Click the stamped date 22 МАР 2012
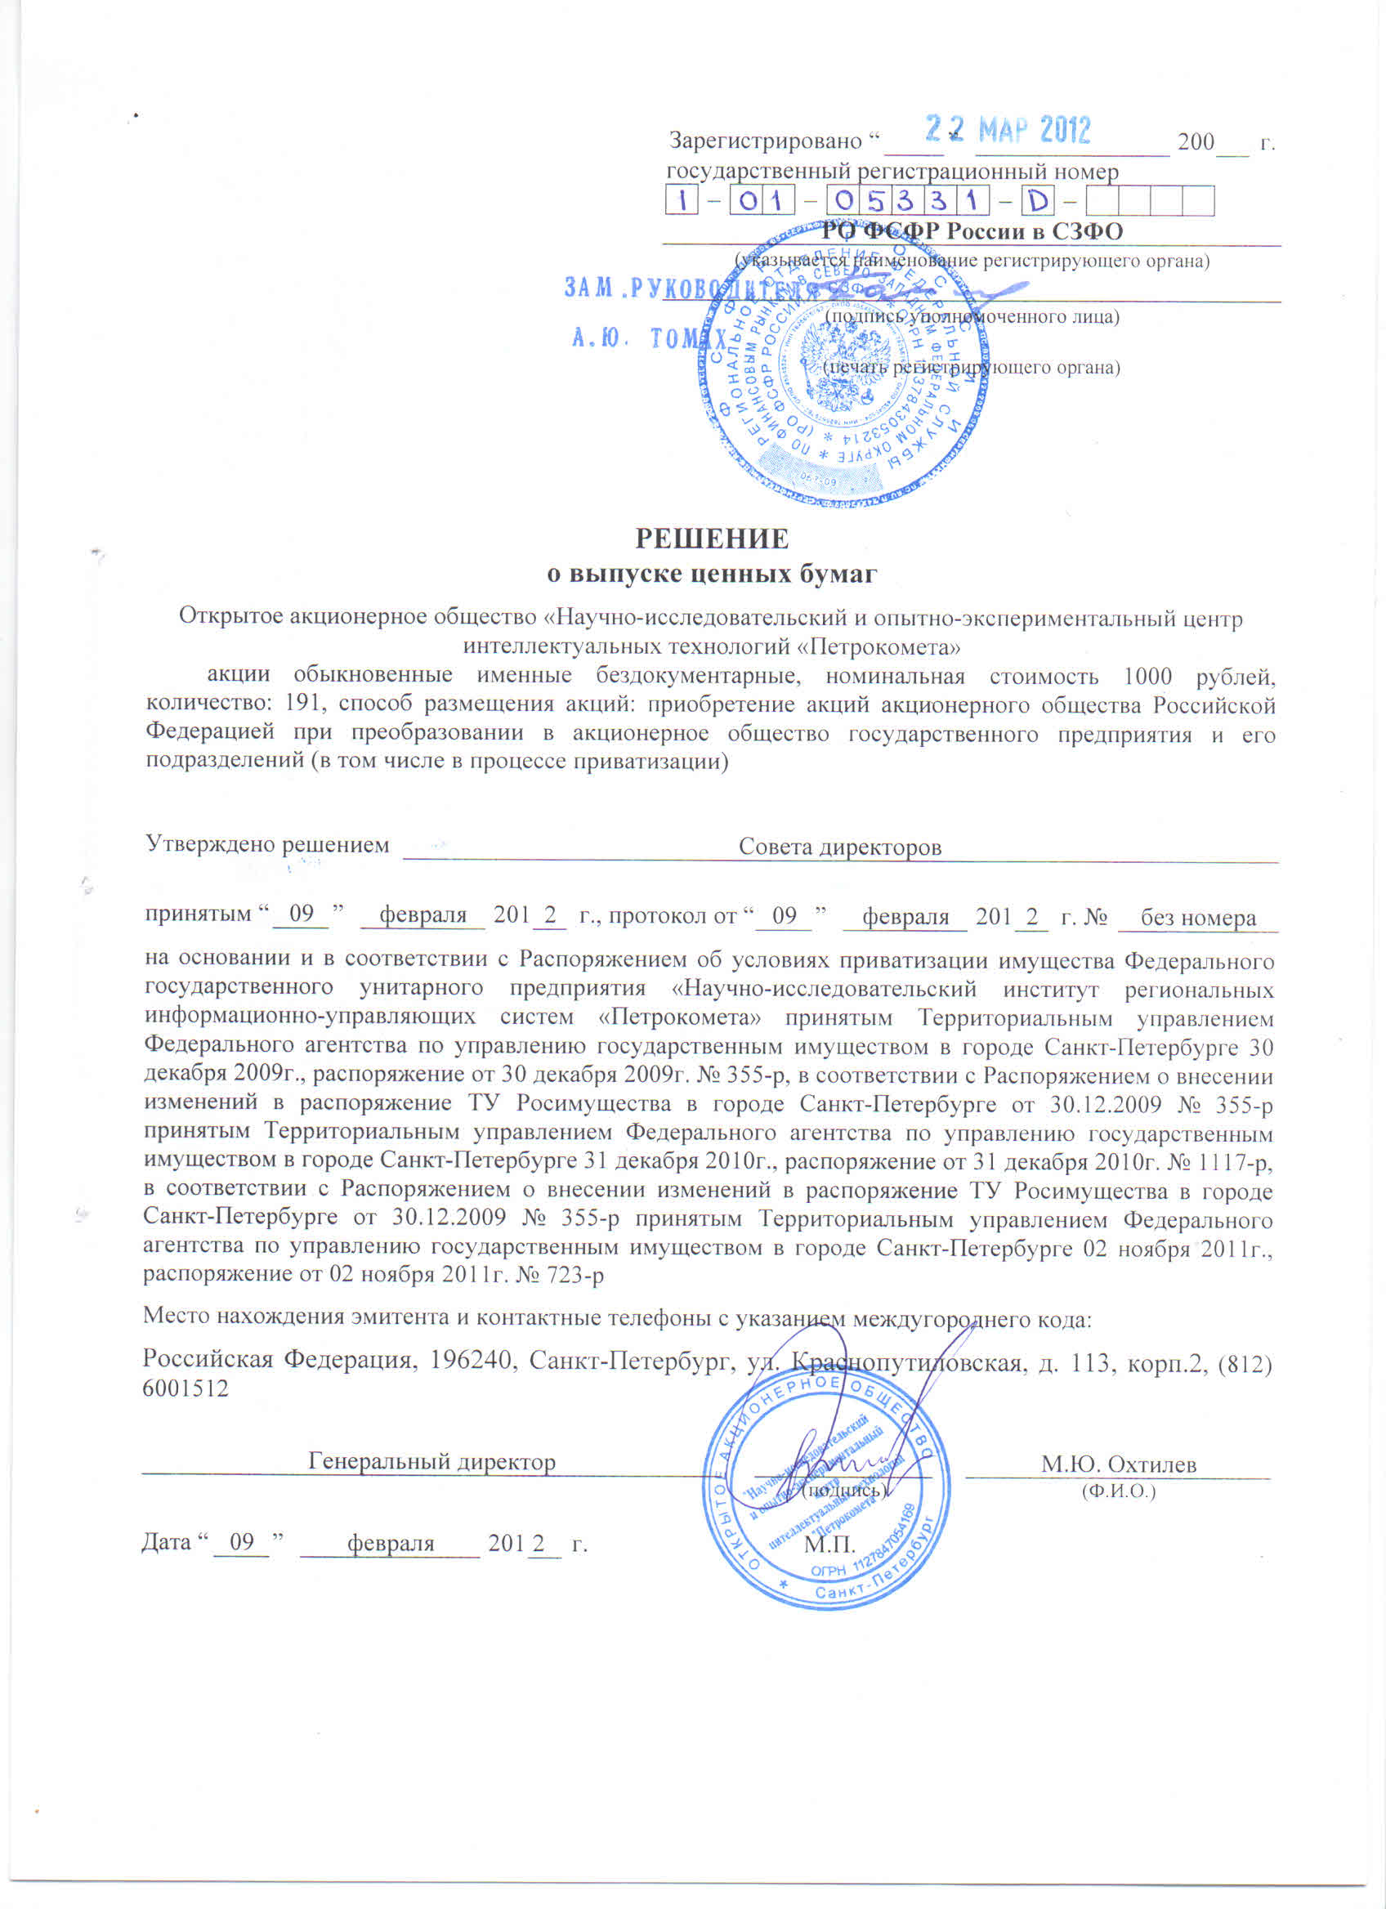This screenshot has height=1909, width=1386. point(1008,131)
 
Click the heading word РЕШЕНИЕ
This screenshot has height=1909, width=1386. point(712,538)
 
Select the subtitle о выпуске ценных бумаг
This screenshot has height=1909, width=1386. point(712,574)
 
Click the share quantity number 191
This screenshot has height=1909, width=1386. point(304,704)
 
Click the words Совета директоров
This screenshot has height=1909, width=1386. point(839,847)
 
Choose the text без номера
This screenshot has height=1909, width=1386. point(1198,919)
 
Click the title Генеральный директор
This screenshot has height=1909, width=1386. point(431,1462)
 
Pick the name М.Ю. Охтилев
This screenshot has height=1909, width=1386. point(1119,1464)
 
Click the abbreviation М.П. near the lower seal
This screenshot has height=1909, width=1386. point(829,1545)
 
